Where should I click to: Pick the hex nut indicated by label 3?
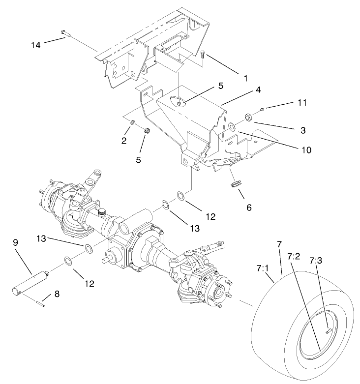[x=248, y=117]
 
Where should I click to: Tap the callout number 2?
[x=124, y=140]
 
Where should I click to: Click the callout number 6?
[x=249, y=207]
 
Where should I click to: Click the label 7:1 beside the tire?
[x=264, y=269]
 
